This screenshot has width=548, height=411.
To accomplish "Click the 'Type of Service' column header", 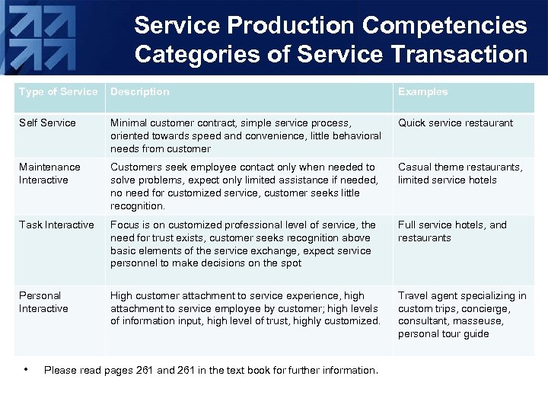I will [59, 92].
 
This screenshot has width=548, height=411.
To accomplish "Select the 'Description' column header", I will [140, 92].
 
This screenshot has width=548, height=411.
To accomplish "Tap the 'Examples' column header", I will [423, 92].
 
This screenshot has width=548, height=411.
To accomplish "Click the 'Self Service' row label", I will [47, 123].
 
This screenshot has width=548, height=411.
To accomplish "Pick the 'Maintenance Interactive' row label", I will [49, 174].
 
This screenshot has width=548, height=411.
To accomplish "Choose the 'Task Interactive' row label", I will [56, 225].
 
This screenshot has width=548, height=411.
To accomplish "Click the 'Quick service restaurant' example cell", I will [455, 123].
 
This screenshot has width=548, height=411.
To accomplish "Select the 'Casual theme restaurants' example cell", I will [460, 174].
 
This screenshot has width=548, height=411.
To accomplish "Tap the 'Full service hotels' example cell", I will [452, 231].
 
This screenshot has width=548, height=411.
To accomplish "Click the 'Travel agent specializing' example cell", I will [462, 314].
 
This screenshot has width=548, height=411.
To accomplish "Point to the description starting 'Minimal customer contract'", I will [245, 135].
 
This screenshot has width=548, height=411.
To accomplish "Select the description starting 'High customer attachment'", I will [245, 308].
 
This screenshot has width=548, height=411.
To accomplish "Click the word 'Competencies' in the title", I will [444, 25].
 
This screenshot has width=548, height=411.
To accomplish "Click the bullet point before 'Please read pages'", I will [26, 370].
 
